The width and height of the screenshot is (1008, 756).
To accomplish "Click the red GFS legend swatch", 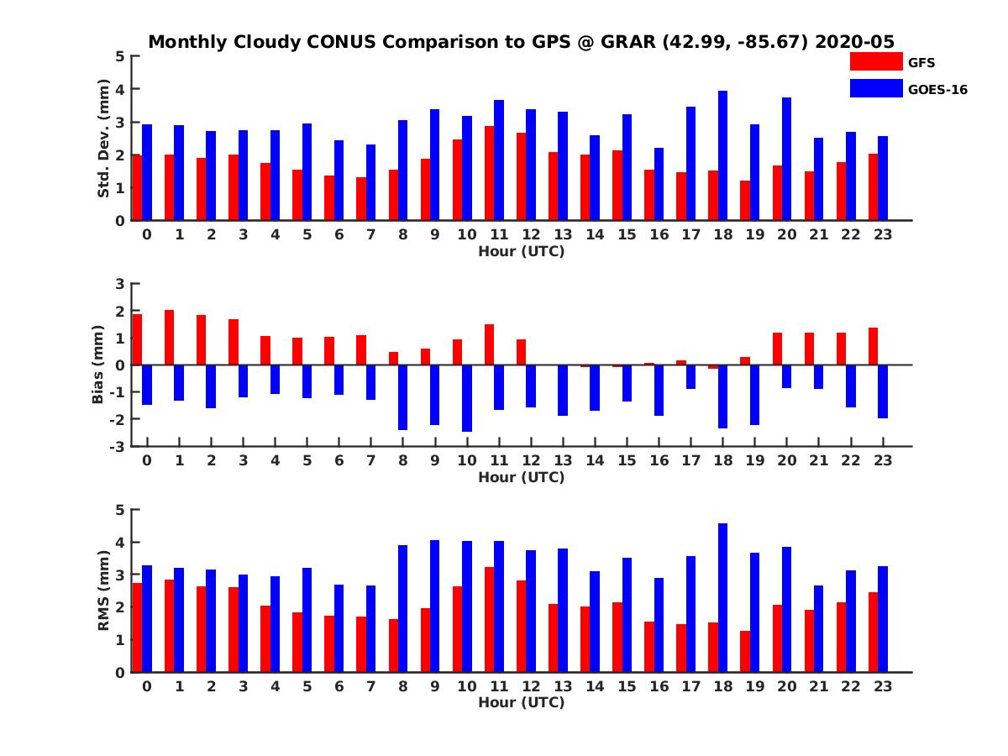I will (876, 61).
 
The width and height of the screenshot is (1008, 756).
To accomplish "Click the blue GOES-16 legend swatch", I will (876, 88).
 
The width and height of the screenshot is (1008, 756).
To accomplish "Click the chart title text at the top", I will (521, 41).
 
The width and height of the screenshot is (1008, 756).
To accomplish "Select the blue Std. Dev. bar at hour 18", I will (722, 155).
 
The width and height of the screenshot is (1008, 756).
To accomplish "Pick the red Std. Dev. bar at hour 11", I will (489, 173).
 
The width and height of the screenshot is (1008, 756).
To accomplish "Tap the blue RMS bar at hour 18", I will (722, 597).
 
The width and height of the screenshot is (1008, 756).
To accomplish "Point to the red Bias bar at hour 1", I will (169, 338).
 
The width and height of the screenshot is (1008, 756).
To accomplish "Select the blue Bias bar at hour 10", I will (467, 398).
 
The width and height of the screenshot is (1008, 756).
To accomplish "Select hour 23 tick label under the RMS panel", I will (882, 685).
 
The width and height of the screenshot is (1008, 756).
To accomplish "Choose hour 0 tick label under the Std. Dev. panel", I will (147, 234).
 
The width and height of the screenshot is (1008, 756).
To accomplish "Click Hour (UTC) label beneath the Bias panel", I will (521, 477).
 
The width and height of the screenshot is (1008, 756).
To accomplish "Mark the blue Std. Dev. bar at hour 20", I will (787, 159).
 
